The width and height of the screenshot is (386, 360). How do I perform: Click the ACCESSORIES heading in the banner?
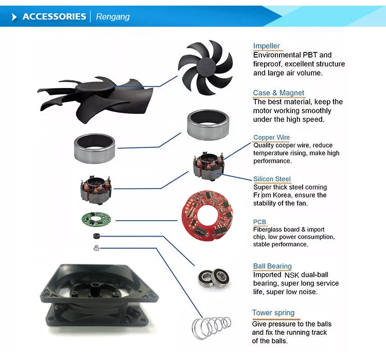(54, 16)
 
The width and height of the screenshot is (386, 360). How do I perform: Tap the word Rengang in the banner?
(113, 17)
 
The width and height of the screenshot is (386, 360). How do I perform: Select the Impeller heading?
(267, 46)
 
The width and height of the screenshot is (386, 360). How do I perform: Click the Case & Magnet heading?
(278, 93)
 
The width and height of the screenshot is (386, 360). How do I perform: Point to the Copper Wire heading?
(271, 138)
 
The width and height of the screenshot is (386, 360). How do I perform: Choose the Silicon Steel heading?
(272, 179)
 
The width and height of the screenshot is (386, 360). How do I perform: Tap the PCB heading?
(260, 222)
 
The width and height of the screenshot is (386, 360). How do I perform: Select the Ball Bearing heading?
(272, 266)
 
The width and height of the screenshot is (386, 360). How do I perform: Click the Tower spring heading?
(273, 313)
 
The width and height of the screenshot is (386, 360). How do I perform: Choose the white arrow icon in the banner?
(14, 17)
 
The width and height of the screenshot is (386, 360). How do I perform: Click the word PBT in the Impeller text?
(308, 55)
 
